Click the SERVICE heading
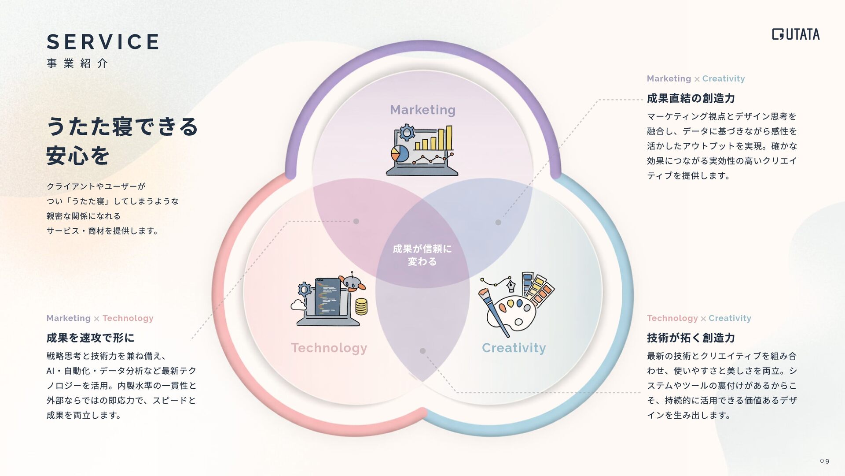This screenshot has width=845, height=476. click(103, 42)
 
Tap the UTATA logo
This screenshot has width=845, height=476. click(796, 34)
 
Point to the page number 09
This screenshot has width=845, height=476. click(824, 461)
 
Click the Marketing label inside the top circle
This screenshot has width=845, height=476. click(422, 110)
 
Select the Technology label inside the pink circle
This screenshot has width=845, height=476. click(329, 348)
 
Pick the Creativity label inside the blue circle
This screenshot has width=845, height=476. click(514, 348)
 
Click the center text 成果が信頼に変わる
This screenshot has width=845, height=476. click(422, 255)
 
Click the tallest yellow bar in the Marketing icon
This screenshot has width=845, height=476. click(448, 138)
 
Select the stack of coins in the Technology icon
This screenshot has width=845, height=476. click(361, 306)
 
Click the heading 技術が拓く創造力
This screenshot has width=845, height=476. click(691, 338)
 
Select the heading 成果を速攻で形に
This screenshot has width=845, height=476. click(90, 338)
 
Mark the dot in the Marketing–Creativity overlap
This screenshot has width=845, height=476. click(498, 222)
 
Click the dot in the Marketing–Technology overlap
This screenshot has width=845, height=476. click(356, 221)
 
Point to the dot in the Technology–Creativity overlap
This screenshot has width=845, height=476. click(422, 351)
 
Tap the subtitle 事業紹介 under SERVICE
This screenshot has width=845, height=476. click(77, 63)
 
